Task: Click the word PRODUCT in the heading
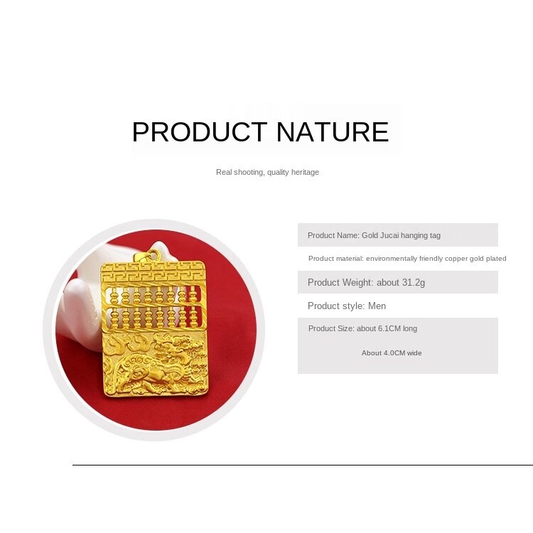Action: [200, 132]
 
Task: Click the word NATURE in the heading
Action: [333, 132]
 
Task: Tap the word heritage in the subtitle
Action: [306, 173]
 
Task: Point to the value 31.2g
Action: [413, 282]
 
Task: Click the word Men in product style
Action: [377, 306]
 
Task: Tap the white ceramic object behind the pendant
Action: [85, 306]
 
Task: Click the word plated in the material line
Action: [496, 259]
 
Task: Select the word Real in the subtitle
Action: [223, 172]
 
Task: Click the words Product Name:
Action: [333, 235]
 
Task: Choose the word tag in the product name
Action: [435, 235]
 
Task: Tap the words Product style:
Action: [337, 306]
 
